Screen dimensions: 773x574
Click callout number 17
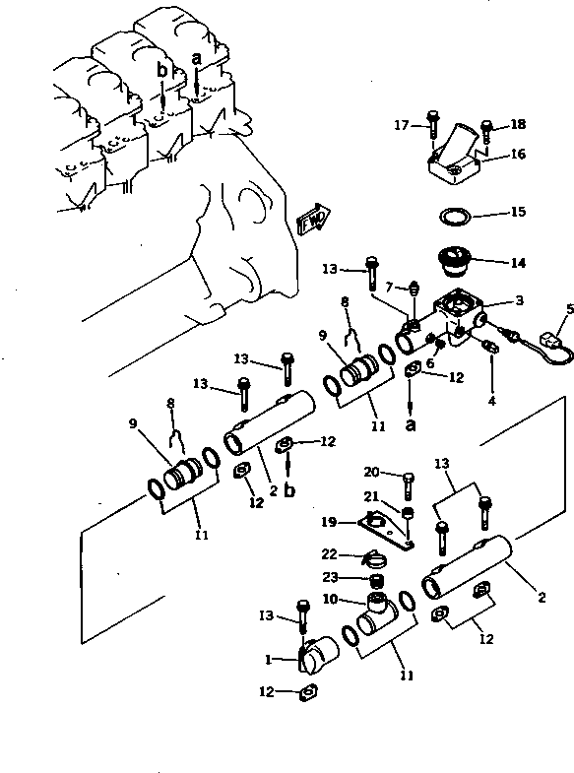coord(402,124)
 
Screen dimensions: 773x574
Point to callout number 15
coord(519,212)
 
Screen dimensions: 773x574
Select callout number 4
coord(492,401)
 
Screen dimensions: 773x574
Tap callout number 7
coord(389,287)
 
